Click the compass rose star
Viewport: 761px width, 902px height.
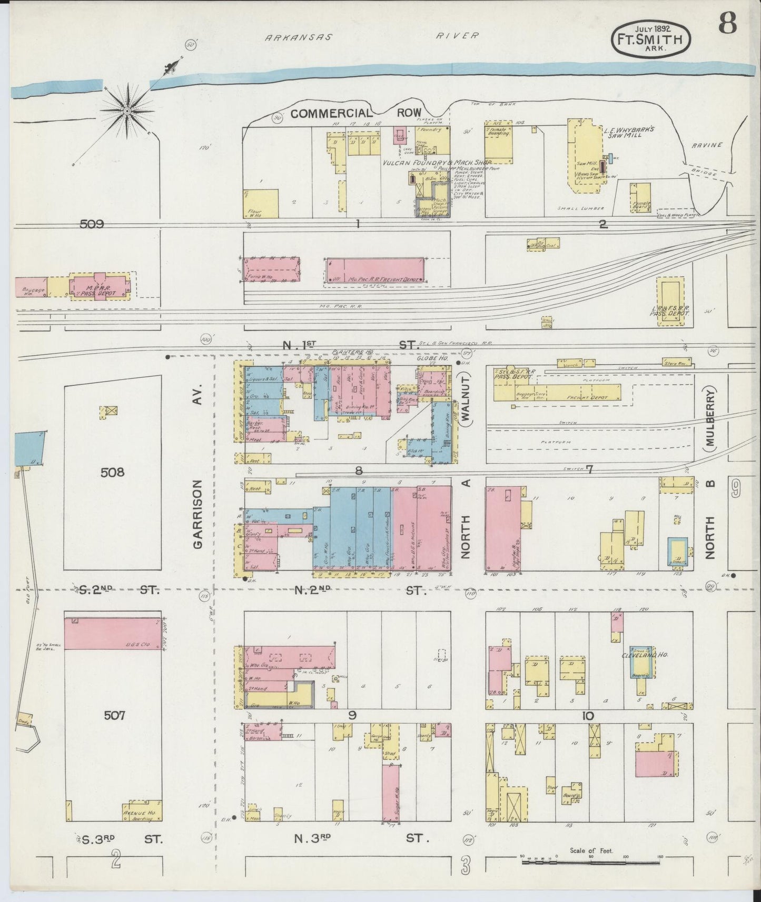coord(127,111)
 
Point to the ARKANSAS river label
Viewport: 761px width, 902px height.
coord(299,37)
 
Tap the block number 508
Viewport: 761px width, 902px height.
coord(113,472)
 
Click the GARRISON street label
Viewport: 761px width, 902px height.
coord(199,514)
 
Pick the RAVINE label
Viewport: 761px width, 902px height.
coord(707,145)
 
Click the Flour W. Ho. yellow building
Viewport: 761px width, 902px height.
coord(262,204)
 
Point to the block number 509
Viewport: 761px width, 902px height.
coord(92,224)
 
